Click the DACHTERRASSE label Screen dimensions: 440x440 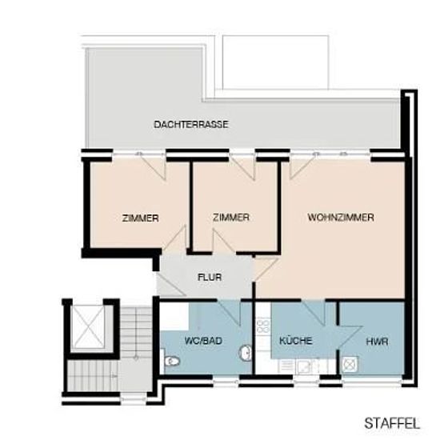coord(191,124)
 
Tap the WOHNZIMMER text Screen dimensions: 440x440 coord(341,217)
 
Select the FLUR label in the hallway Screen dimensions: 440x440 coord(210,278)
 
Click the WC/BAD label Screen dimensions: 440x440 coord(203,341)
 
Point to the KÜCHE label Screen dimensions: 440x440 coord(296,340)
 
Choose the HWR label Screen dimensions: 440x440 coord(377,342)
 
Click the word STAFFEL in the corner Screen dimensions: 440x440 coord(392,424)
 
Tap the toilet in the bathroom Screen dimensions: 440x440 coord(172,361)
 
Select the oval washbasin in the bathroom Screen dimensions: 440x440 coord(246,352)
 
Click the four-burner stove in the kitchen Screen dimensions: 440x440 coord(263,326)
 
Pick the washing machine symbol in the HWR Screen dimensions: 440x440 coord(350,364)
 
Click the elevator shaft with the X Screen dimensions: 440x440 coord(88,327)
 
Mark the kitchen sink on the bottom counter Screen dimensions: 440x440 coord(304,366)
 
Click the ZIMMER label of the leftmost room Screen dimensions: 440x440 coord(140,218)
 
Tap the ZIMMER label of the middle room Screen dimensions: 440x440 coord(231,217)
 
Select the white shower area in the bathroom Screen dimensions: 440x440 coord(174,317)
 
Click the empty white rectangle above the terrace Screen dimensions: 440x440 coord(275,62)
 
